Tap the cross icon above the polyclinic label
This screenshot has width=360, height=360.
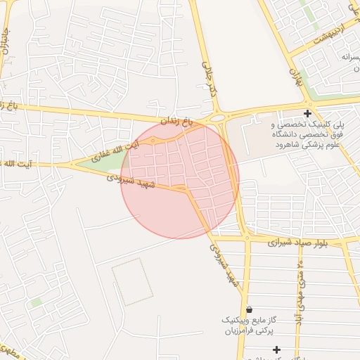point(307,112)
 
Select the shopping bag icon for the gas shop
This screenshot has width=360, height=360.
point(249,309)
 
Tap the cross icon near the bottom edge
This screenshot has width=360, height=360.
point(276,349)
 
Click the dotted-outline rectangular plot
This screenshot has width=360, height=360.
point(131,281)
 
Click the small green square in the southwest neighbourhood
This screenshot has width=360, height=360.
point(37,302)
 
